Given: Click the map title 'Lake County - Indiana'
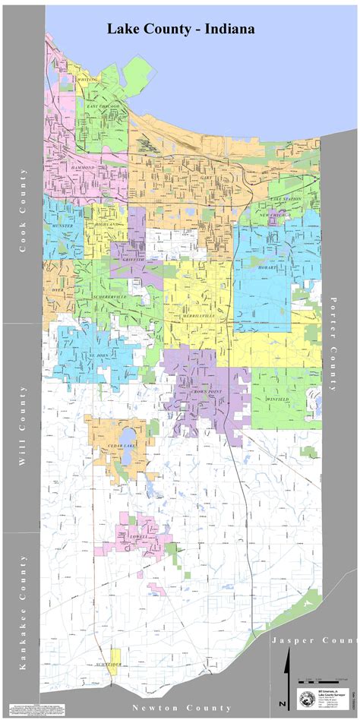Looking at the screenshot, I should click(x=180, y=29).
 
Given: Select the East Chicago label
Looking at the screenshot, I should click(x=99, y=107).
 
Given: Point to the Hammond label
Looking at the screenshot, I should click(x=83, y=166).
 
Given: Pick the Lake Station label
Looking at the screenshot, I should click(x=286, y=199).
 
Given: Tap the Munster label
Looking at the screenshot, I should click(x=62, y=226).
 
